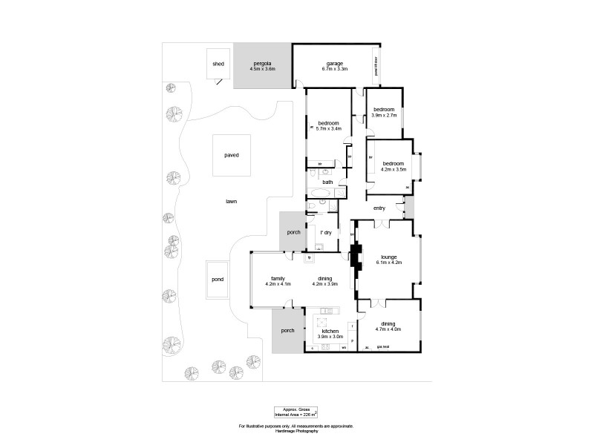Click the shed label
[x=218, y=64]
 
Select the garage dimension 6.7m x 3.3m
[x=335, y=69]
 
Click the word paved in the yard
[x=232, y=155]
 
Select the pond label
[x=218, y=280]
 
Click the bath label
[x=327, y=182]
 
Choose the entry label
[x=379, y=208]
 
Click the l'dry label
[x=325, y=233]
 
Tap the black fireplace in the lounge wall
[x=354, y=257]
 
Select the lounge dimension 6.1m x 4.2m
[x=388, y=263]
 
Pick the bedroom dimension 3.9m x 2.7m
[x=385, y=115]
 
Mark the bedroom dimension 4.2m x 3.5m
[x=393, y=169]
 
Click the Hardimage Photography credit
[x=296, y=431]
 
